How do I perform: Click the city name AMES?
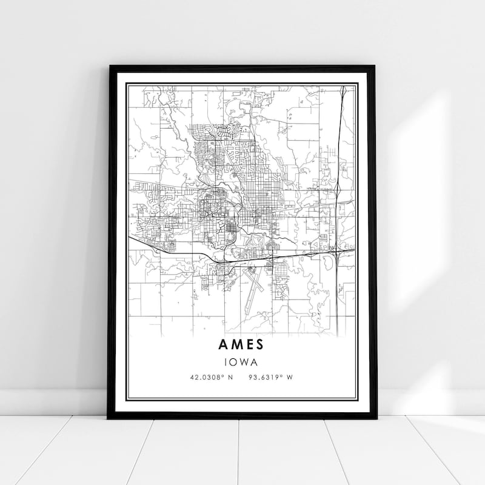241,344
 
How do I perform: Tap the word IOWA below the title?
242,362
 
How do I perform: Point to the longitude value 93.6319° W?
271,378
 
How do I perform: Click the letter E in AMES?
249,344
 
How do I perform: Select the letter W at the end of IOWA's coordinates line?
290,378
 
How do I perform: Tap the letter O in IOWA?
235,362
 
